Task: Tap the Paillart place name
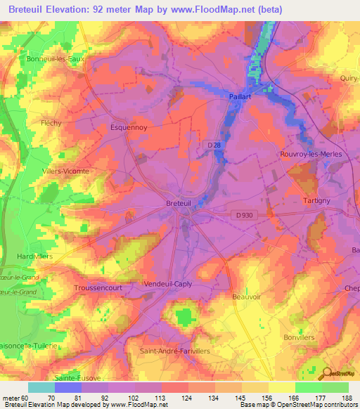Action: pos(240,97)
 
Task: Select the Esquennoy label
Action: pos(128,128)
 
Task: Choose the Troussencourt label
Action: pos(98,288)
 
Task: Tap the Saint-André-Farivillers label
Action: pos(175,350)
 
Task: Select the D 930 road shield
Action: pos(241,216)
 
